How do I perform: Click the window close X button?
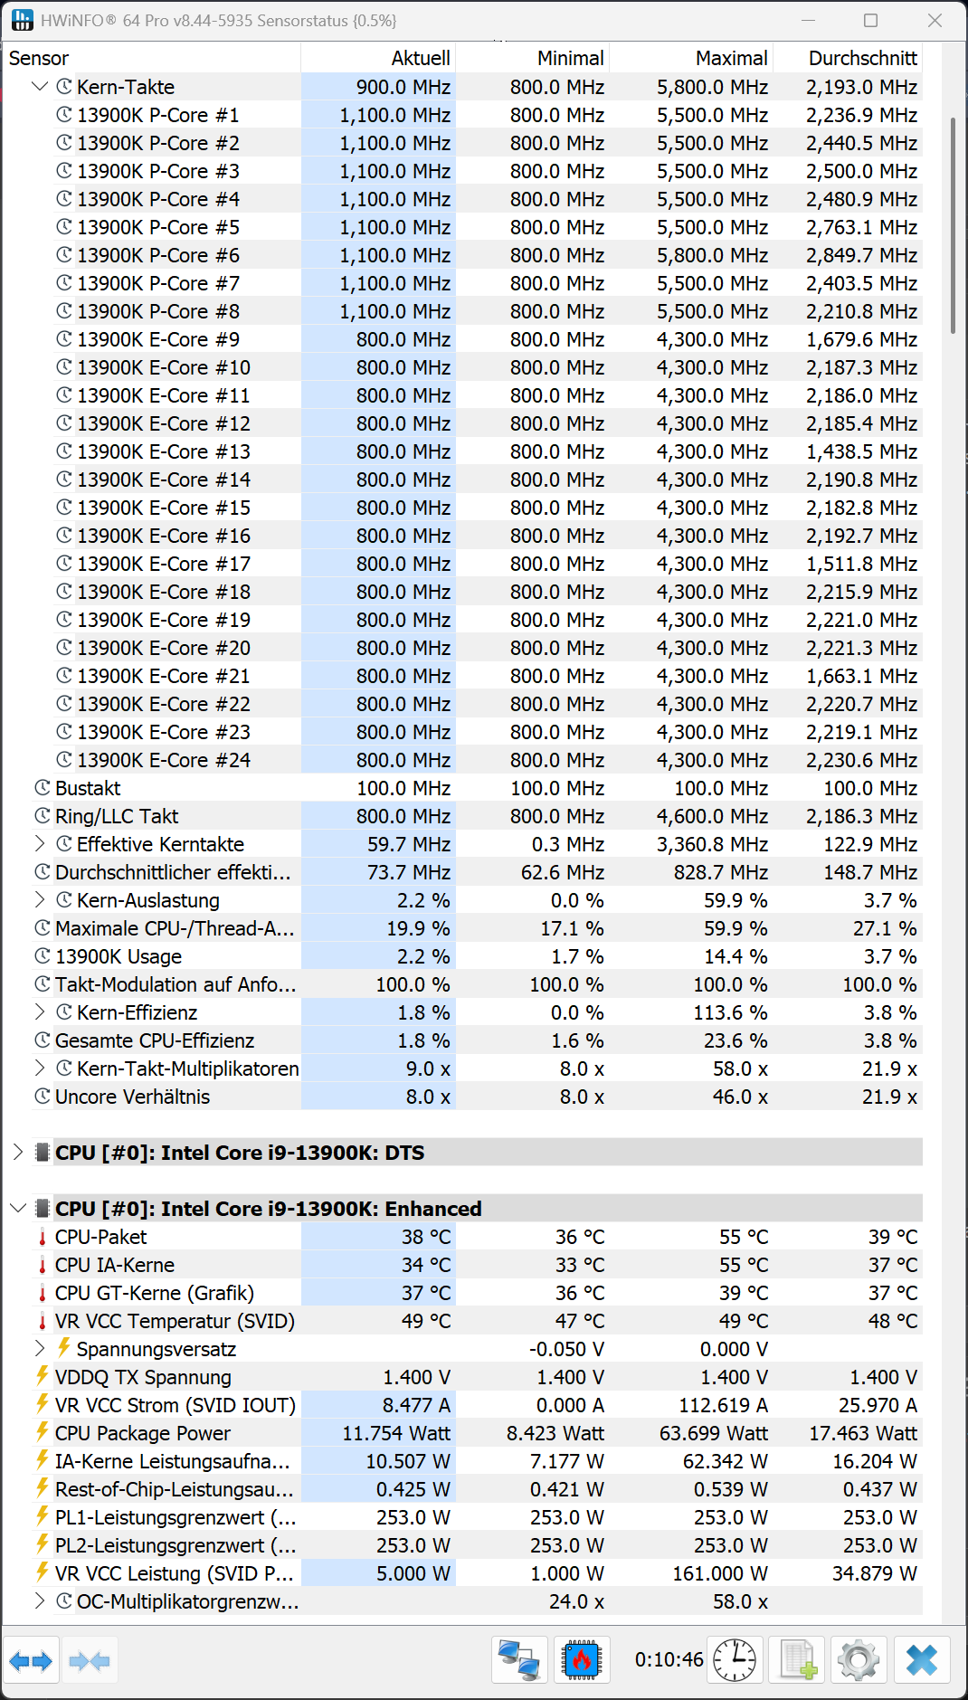pyautogui.click(x=935, y=20)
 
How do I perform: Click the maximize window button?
pyautogui.click(x=870, y=20)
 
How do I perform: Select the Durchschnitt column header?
pyautogui.click(x=862, y=59)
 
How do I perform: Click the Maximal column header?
pyautogui.click(x=731, y=59)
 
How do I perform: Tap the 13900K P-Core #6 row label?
pyautogui.click(x=157, y=255)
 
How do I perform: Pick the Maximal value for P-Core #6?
pyautogui.click(x=712, y=255)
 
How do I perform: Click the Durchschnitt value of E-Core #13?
pyautogui.click(x=861, y=451)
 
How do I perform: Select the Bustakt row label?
pyautogui.click(x=87, y=788)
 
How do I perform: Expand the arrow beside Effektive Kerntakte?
pyautogui.click(x=39, y=844)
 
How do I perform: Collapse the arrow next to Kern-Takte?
pyautogui.click(x=39, y=87)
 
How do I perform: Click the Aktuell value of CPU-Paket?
pyautogui.click(x=425, y=1237)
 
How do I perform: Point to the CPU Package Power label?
pyautogui.click(x=142, y=1433)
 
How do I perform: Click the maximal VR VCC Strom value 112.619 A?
pyautogui.click(x=723, y=1405)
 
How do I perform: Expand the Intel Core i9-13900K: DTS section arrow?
pyautogui.click(x=17, y=1153)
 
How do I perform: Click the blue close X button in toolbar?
pyautogui.click(x=921, y=1660)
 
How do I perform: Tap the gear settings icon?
pyautogui.click(x=858, y=1660)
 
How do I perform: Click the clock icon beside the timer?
pyautogui.click(x=735, y=1660)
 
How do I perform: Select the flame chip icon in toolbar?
pyautogui.click(x=582, y=1660)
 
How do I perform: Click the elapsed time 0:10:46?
pyautogui.click(x=669, y=1659)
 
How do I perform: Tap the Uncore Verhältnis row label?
pyautogui.click(x=132, y=1097)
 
